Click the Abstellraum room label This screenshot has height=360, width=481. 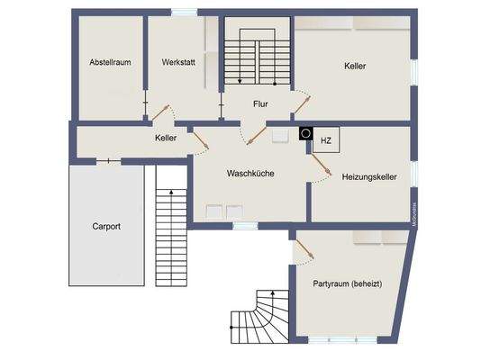click(109, 62)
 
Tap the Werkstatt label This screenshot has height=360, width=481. click(177, 62)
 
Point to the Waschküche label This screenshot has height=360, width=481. click(250, 174)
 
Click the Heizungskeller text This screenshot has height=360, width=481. click(369, 178)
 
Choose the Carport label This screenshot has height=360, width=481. click(105, 226)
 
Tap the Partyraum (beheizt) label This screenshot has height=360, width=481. click(348, 283)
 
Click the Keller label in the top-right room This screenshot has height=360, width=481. click(355, 66)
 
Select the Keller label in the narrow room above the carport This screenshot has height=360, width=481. click(165, 139)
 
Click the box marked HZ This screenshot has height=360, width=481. click(325, 140)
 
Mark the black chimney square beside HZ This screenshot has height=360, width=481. click(305, 132)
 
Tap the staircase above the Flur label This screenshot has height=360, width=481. click(259, 57)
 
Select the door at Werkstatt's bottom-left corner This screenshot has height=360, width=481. click(159, 112)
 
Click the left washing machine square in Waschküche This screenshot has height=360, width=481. click(214, 211)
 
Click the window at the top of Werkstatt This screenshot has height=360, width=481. click(185, 12)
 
